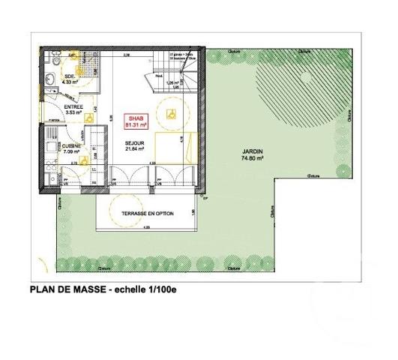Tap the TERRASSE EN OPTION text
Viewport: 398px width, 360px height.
pyautogui.click(x=149, y=213)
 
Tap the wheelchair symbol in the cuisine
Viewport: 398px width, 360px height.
pyautogui.click(x=84, y=159)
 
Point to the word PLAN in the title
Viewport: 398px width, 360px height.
pyautogui.click(x=41, y=288)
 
